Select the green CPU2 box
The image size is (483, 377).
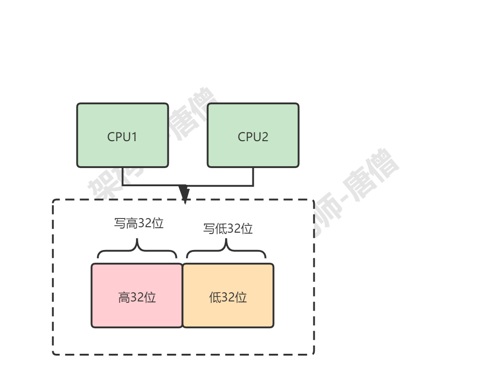[x=253, y=135]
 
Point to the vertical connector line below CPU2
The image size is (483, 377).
[x=253, y=177]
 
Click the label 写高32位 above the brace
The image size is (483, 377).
[x=138, y=224]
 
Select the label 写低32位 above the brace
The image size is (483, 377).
[x=227, y=229]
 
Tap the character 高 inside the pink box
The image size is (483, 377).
[x=124, y=298]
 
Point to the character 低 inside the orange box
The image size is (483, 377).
[x=215, y=298]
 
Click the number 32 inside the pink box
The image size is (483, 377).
[x=137, y=298]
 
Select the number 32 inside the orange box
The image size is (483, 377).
[x=228, y=298]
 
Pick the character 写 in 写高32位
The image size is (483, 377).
[x=119, y=224]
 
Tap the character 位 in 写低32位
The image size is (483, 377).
[x=247, y=229]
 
